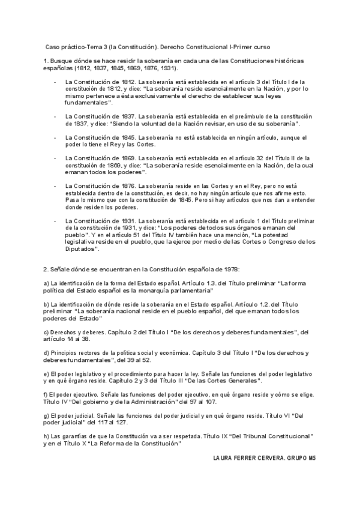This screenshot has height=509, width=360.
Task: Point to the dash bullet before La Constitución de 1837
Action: coord(56,115)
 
